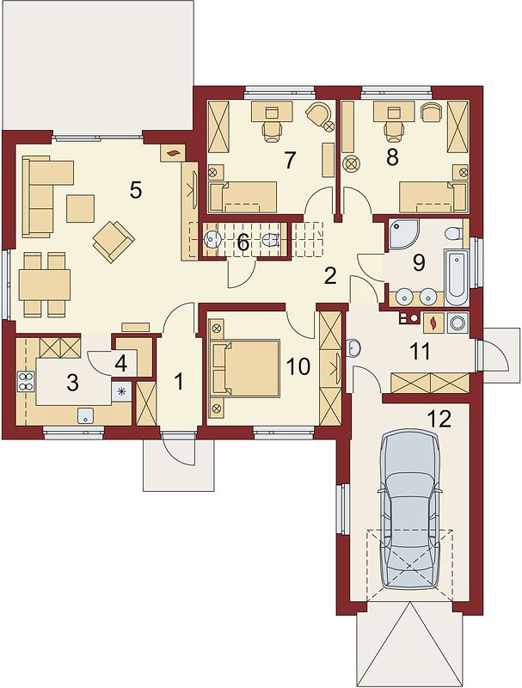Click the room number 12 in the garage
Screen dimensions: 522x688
click(441, 420)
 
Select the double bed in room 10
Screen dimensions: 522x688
click(246, 368)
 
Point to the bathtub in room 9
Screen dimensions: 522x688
click(457, 278)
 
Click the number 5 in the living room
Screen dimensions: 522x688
click(136, 190)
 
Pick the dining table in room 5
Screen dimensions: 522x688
click(45, 285)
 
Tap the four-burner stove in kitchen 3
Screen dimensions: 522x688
click(26, 381)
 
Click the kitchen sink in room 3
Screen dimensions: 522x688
click(86, 415)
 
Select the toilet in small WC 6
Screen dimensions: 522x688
click(271, 240)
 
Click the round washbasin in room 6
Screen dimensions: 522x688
click(213, 239)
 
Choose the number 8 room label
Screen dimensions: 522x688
click(392, 157)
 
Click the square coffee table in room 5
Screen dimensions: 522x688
click(80, 208)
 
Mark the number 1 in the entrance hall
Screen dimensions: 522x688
click(179, 382)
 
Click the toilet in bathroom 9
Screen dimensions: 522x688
click(452, 232)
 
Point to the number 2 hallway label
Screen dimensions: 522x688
click(330, 275)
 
